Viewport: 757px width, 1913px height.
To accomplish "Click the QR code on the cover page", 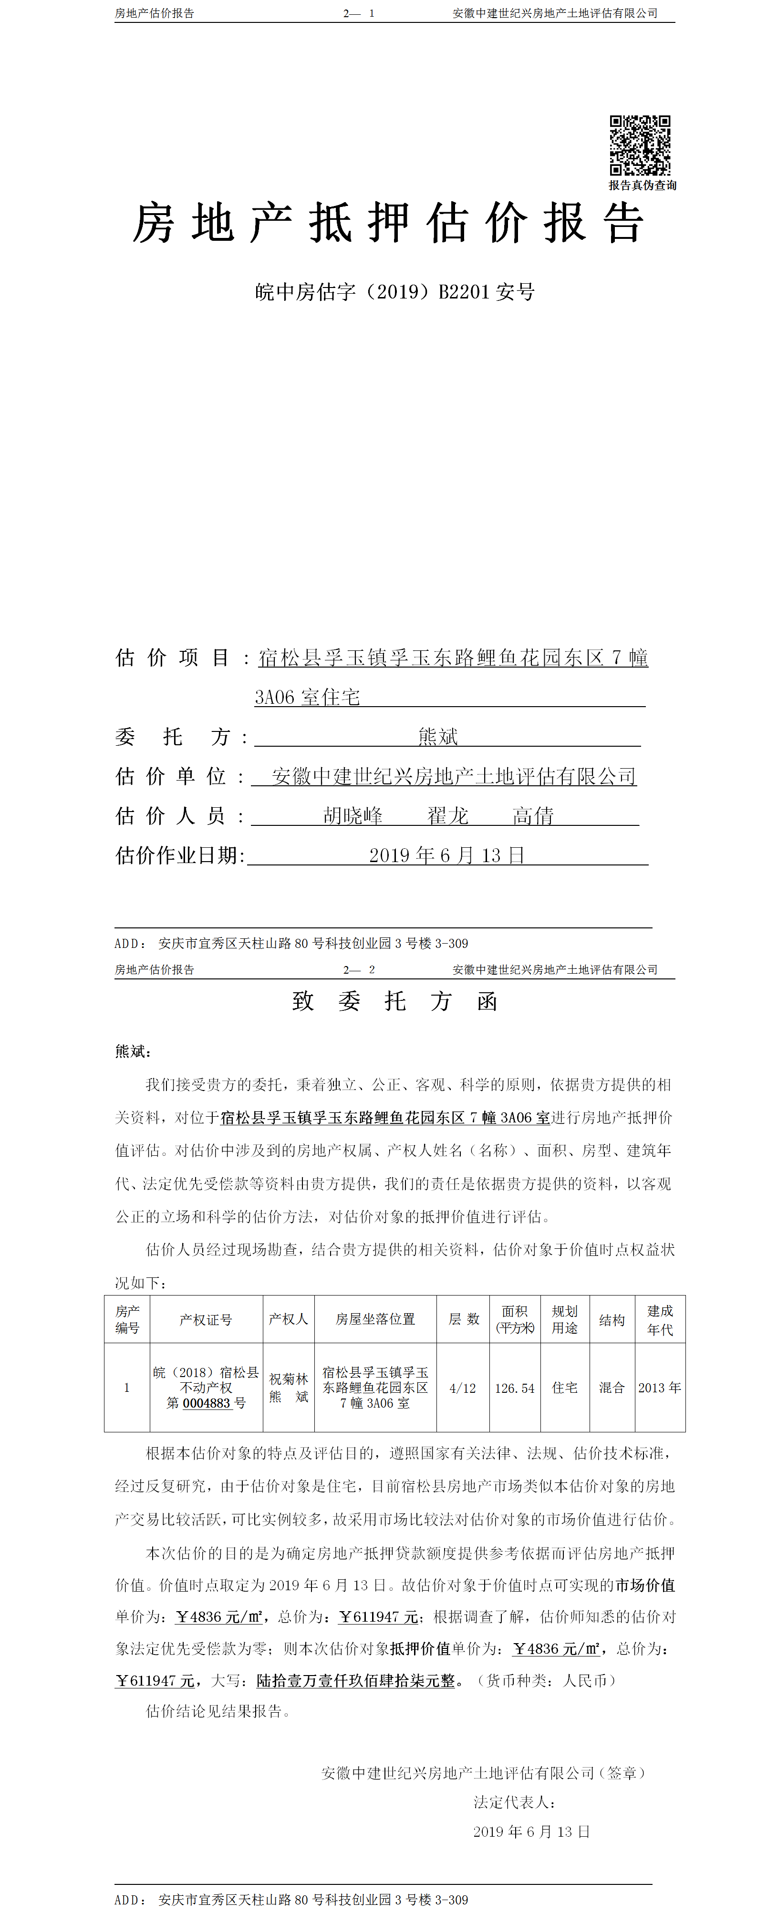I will (640, 145).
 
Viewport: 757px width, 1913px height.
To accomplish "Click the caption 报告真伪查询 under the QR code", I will (643, 185).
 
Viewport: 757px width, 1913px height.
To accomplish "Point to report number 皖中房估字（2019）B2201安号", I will (394, 292).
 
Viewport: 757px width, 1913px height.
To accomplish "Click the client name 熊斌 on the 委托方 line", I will (437, 737).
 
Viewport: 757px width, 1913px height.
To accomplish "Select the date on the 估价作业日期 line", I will (446, 855).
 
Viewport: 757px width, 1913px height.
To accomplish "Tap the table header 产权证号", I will (206, 1320).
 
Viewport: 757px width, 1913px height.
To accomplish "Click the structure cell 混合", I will (612, 1387).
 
